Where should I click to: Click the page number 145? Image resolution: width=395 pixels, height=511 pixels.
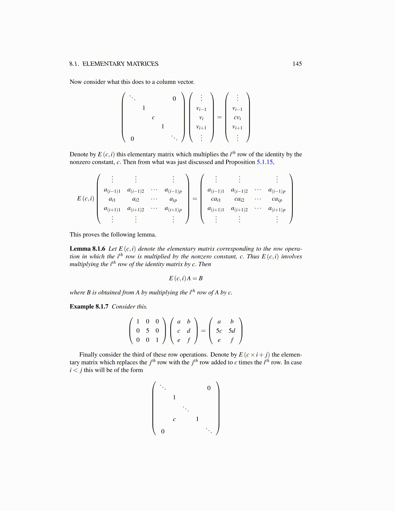click(297, 64)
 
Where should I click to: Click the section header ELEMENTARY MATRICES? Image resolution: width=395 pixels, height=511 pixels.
click(120, 64)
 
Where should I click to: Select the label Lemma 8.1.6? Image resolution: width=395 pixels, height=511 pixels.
click(87, 249)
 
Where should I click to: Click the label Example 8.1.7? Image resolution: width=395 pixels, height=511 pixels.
click(89, 306)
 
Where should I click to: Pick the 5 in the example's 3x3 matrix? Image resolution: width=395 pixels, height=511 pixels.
click(147, 331)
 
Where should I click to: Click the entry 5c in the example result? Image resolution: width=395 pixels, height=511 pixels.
click(219, 331)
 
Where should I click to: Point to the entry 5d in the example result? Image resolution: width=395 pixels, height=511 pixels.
click(232, 331)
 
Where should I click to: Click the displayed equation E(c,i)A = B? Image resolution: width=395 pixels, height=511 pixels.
click(186, 278)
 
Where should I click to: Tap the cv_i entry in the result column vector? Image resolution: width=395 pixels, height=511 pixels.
click(238, 118)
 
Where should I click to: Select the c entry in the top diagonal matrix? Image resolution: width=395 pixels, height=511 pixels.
click(153, 117)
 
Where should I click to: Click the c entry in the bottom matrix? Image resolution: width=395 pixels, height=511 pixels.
click(174, 419)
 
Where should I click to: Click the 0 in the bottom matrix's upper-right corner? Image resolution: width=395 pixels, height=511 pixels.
click(209, 388)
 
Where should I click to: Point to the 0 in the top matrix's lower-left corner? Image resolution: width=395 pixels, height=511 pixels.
click(132, 139)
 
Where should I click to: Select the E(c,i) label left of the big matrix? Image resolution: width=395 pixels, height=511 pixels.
click(86, 198)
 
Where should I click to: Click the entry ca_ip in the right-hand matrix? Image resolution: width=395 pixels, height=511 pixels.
click(277, 200)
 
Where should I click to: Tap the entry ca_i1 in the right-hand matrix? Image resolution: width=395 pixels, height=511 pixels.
click(216, 200)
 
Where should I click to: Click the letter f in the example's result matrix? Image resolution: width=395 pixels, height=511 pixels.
click(232, 340)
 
